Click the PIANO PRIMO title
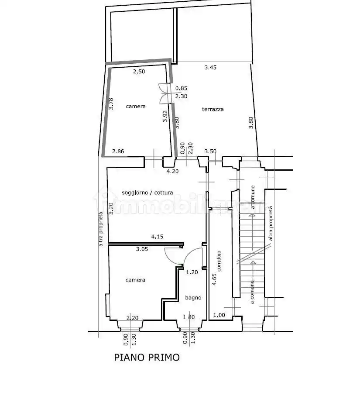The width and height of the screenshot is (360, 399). tap(147, 358)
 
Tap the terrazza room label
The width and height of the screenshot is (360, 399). tap(213, 109)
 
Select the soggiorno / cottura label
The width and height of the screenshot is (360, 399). tap(147, 193)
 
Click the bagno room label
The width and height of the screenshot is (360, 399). tap(193, 298)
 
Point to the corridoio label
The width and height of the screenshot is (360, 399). tap(219, 261)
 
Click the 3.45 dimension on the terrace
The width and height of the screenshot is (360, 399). tap(210, 67)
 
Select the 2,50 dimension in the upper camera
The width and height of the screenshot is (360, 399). tap(139, 72)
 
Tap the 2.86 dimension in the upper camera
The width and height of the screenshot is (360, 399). tap(118, 151)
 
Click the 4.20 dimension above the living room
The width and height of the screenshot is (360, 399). tap(172, 171)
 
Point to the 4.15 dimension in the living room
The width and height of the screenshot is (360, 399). tap(157, 237)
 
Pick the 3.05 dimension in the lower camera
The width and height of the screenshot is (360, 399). tap(142, 249)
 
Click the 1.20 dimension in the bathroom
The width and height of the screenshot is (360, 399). tap(192, 272)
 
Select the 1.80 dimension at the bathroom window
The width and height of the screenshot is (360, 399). tap(189, 317)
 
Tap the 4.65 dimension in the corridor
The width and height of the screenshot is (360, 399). tap(214, 279)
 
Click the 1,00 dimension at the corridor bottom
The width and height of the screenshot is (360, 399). tap(219, 315)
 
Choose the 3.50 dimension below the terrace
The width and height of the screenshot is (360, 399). tap(210, 151)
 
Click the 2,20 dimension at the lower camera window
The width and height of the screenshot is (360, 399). tap(132, 318)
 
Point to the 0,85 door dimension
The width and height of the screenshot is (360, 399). tap(181, 88)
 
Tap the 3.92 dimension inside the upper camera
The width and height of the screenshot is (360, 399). tap(165, 116)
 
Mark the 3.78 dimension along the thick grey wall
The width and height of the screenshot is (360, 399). tap(111, 104)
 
